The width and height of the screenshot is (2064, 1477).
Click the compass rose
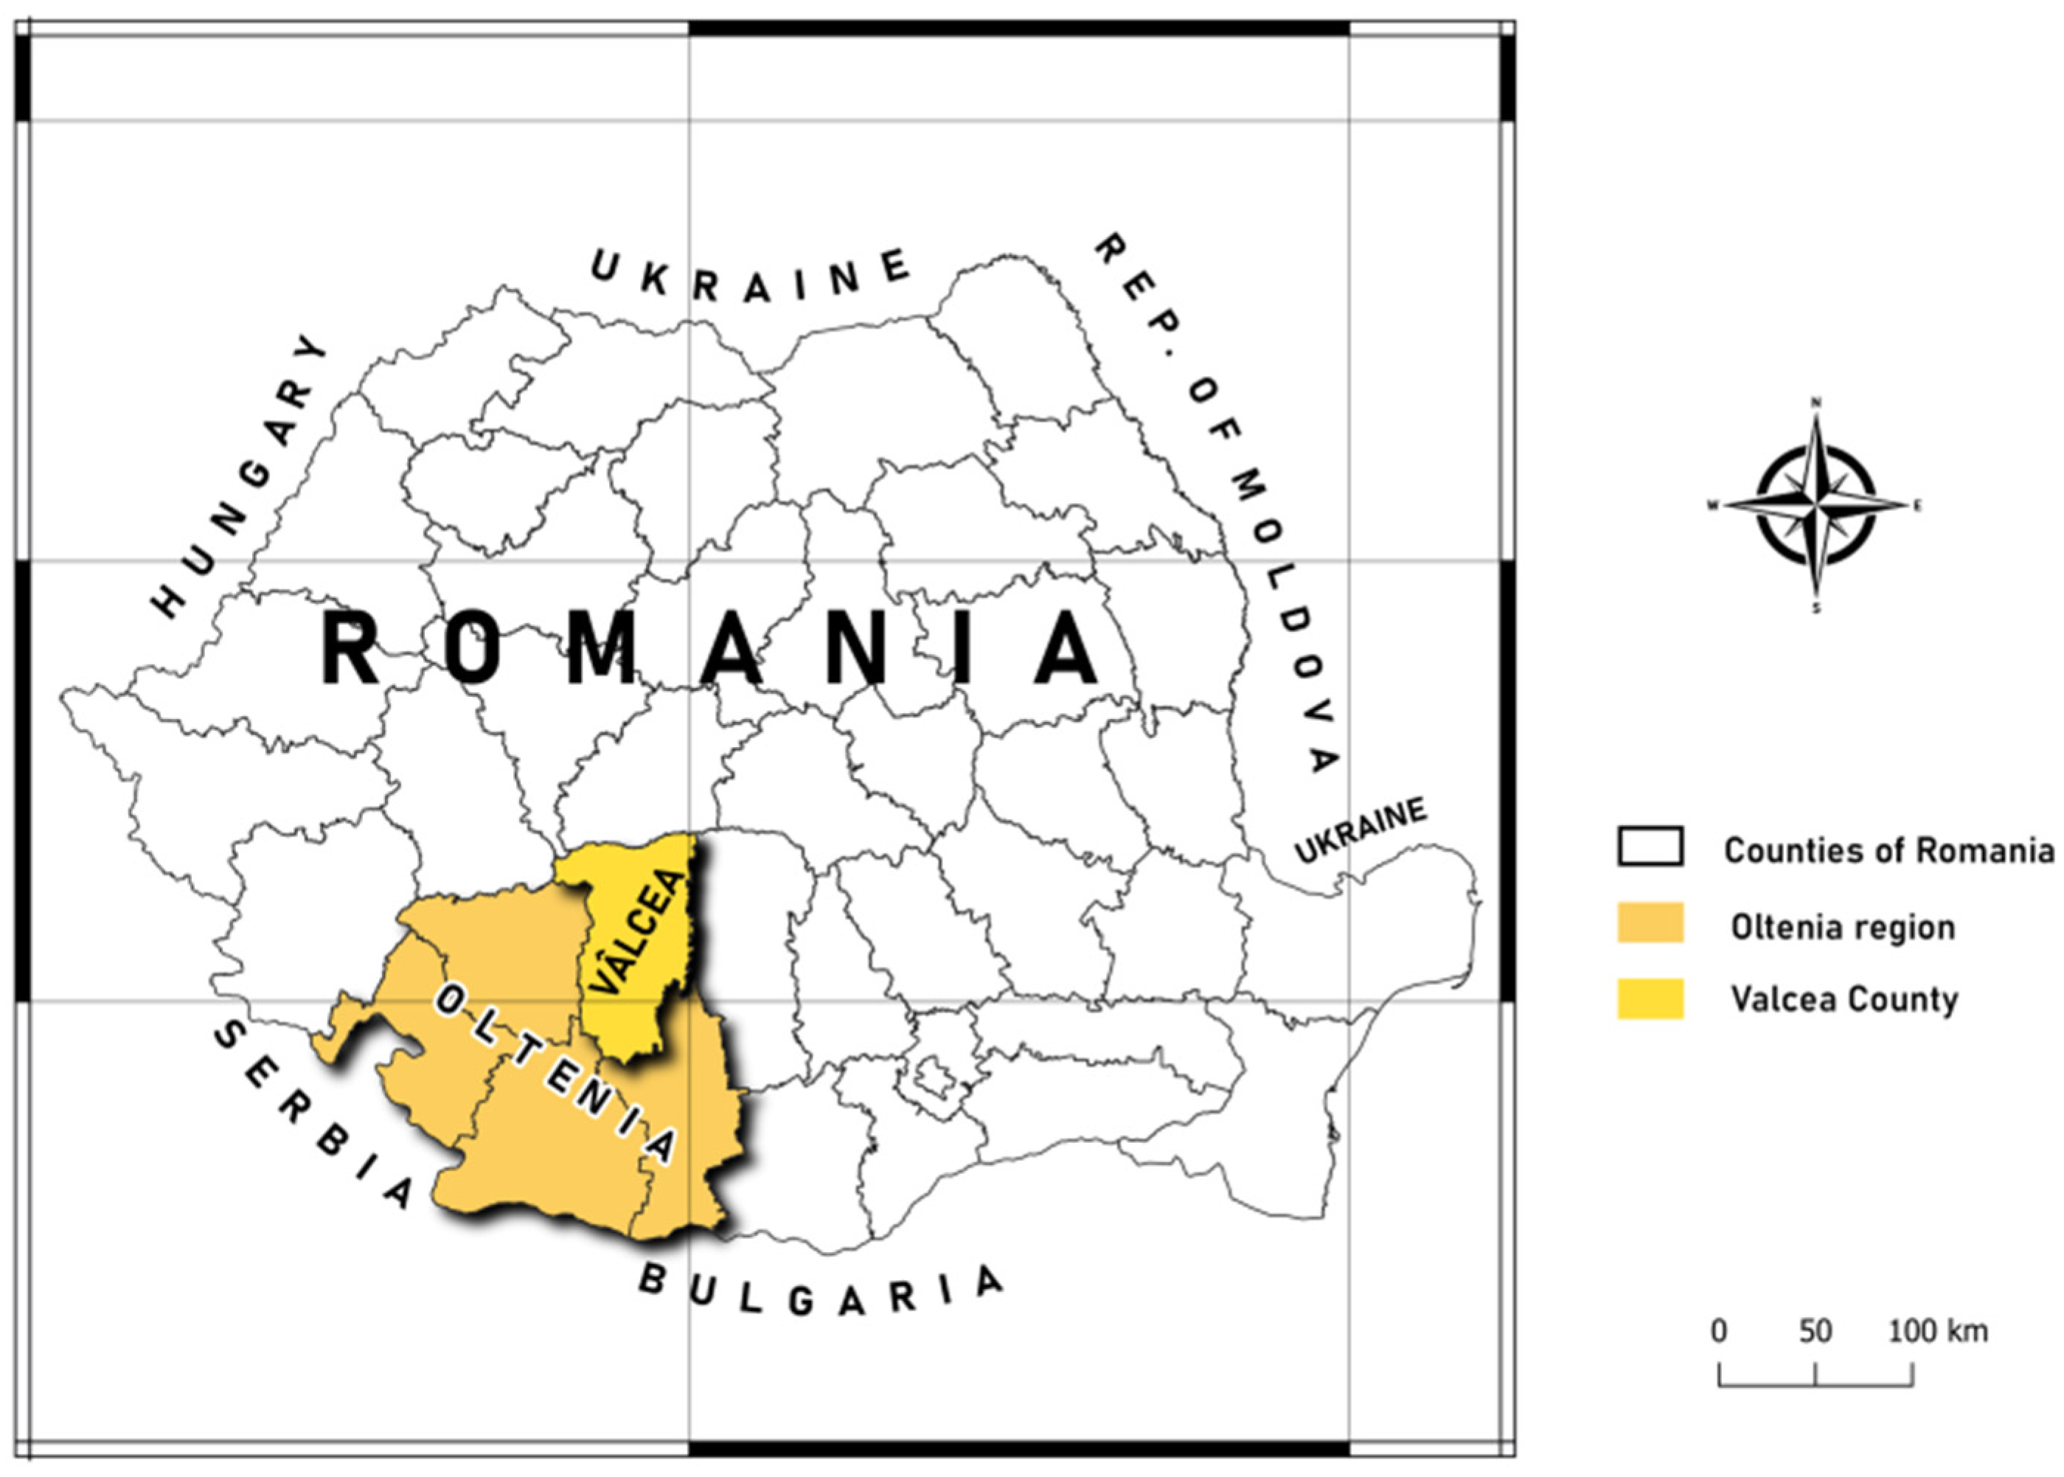(x=1815, y=506)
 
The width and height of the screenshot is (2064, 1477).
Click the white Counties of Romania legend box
(x=1650, y=847)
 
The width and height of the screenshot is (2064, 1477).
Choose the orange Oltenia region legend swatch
(x=1650, y=923)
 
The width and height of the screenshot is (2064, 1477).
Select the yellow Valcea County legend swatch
(x=1650, y=998)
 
